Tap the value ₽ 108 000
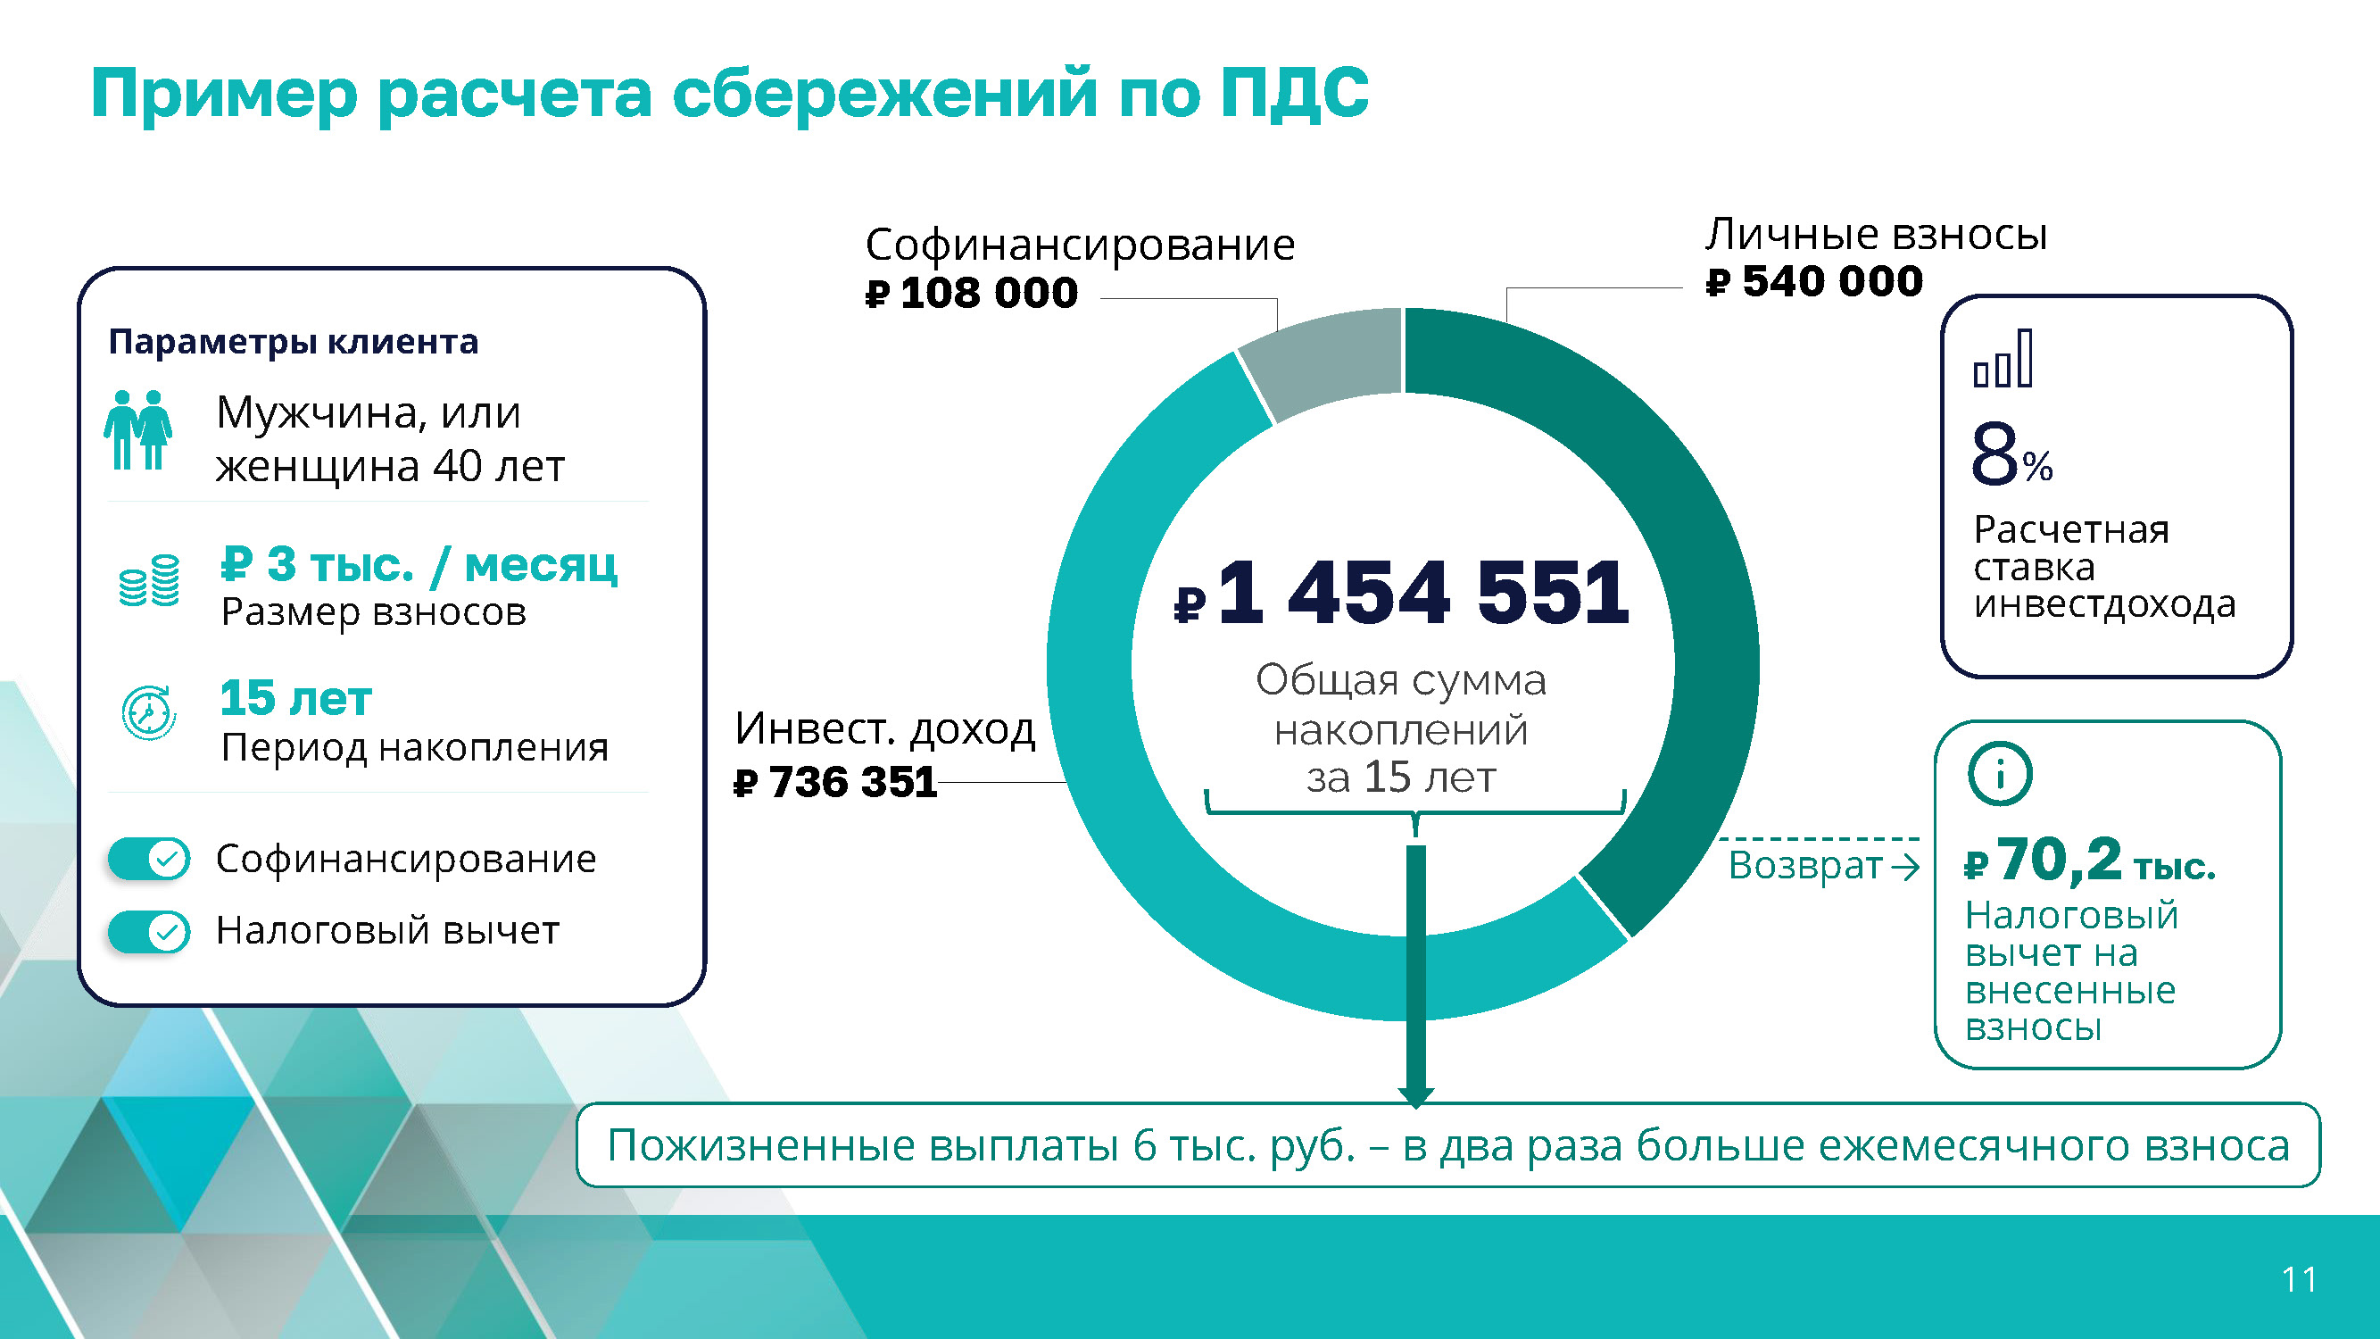(971, 293)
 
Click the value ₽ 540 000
(1814, 281)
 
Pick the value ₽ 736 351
(835, 782)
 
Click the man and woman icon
(137, 430)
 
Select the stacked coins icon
(149, 580)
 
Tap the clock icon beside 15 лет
(149, 712)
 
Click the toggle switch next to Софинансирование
(149, 860)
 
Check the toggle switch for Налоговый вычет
(149, 931)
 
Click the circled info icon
(2000, 773)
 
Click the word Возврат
(1805, 866)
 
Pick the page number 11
(2300, 1280)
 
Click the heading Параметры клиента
(294, 342)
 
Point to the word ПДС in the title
(1293, 94)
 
